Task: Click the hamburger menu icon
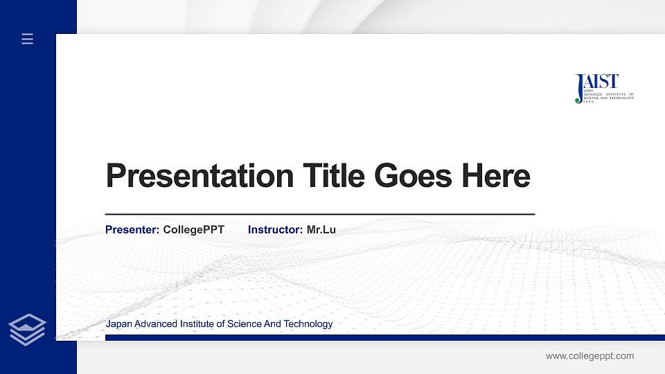(28, 39)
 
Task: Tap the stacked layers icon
(28, 329)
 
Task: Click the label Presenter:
(132, 229)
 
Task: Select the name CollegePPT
(193, 229)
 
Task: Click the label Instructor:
(275, 229)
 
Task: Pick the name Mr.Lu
(321, 229)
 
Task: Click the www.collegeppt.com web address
(589, 356)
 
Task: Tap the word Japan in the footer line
(118, 323)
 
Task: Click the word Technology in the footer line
(309, 323)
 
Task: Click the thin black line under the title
(319, 215)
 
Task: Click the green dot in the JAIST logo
(578, 100)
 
